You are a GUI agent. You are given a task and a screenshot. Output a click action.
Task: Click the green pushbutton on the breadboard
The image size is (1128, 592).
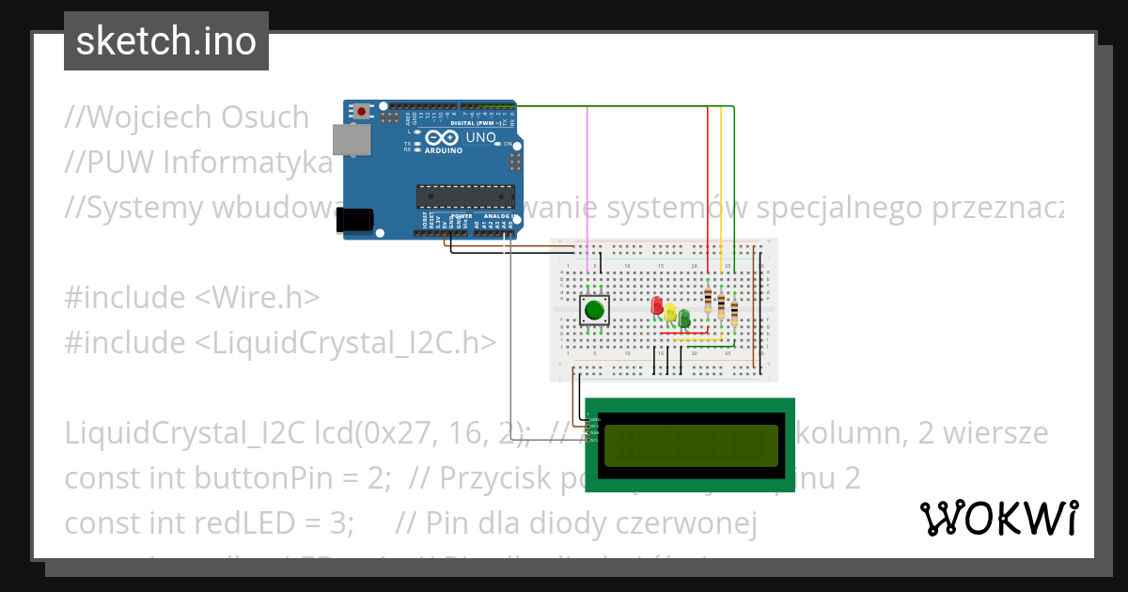[593, 310]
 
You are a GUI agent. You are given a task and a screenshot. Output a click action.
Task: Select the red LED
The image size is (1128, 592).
[657, 306]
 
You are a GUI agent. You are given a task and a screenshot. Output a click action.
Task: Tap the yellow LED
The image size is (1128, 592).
[670, 312]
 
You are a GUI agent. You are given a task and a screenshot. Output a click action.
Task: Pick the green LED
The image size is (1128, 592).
[684, 318]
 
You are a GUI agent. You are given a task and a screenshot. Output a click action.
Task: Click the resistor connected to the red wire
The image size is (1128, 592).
[708, 300]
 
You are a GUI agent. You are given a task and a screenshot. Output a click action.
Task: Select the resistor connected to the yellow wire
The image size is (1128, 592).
[721, 305]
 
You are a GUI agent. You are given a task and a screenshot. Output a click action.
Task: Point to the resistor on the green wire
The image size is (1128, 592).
[734, 313]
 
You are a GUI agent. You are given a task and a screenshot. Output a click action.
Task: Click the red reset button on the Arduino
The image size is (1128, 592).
[362, 111]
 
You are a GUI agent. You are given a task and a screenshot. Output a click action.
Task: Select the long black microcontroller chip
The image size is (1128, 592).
[466, 195]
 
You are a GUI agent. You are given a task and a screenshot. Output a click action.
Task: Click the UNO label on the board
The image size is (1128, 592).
[480, 138]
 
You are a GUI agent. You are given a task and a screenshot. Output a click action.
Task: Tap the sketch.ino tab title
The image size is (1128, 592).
[166, 41]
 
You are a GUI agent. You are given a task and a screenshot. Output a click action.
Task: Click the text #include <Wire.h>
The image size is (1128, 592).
[192, 297]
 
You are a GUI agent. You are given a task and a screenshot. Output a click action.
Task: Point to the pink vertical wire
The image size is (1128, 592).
[588, 188]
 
